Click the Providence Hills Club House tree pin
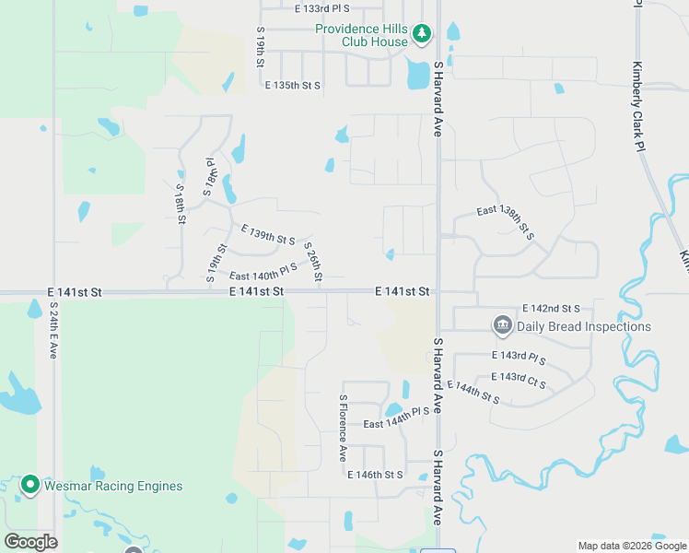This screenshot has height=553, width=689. point(422,35)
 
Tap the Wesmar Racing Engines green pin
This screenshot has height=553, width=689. point(29,485)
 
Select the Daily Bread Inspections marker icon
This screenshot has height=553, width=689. point(502,325)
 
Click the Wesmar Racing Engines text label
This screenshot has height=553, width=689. point(113,486)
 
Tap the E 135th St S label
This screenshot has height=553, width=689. point(292,86)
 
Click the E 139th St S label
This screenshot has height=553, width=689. point(268,234)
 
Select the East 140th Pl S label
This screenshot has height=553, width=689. point(263,272)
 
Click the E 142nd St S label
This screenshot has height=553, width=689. point(551,308)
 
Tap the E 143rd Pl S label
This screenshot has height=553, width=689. point(519,357)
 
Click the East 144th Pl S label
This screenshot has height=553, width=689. point(397,418)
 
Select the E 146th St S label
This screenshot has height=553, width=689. point(375,475)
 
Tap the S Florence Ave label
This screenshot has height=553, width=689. point(343,429)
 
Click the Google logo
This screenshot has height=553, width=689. point(30,542)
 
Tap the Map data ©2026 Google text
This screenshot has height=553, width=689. point(631,546)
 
